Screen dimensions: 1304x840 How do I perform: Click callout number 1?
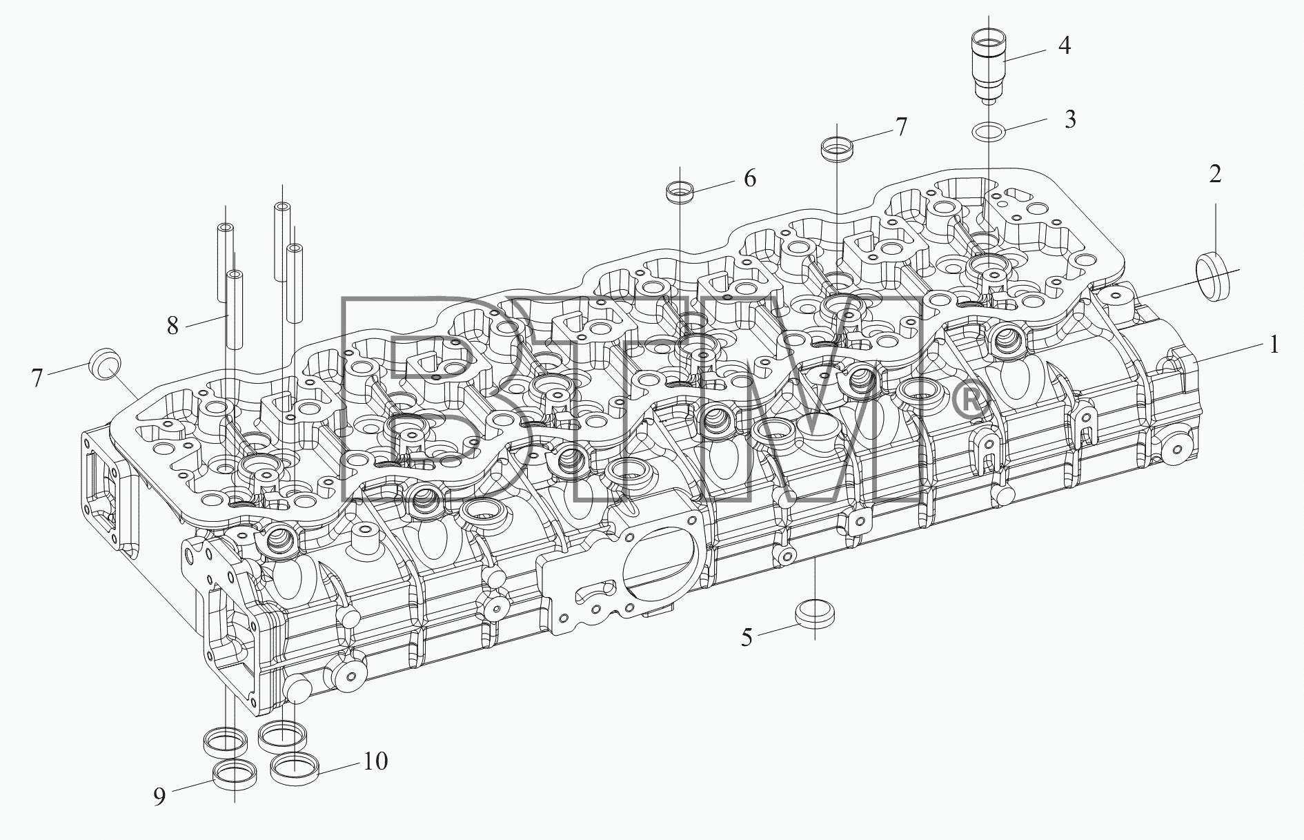click(x=1274, y=344)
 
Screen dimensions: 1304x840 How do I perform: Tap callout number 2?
click(x=1215, y=174)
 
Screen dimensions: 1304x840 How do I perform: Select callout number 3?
click(x=1069, y=119)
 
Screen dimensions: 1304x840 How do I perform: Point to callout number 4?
click(x=1065, y=46)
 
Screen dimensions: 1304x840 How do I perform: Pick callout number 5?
click(x=747, y=638)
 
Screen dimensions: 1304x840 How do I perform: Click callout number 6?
click(x=749, y=178)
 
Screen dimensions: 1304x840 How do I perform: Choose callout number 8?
click(x=172, y=324)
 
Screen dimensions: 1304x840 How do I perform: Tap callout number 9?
click(x=159, y=797)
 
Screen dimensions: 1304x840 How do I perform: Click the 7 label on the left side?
click(x=37, y=378)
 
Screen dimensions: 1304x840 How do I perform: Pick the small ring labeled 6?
click(x=680, y=192)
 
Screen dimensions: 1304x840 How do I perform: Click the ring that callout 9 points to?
click(x=235, y=775)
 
